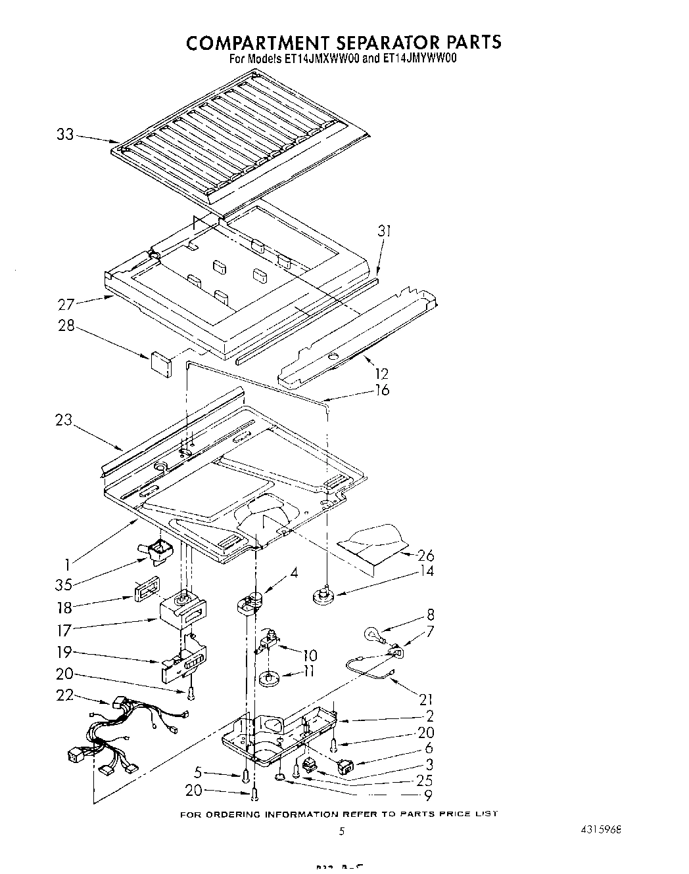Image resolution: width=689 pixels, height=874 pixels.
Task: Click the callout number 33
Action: [64, 135]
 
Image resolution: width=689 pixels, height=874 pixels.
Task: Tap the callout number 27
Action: [66, 304]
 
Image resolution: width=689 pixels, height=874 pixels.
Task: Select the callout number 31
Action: [385, 231]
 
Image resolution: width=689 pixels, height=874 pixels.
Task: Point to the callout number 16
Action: [381, 390]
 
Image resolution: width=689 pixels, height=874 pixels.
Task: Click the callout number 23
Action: [64, 421]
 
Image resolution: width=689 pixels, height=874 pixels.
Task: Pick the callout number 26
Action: [425, 555]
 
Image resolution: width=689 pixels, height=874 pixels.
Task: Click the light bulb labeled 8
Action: [371, 634]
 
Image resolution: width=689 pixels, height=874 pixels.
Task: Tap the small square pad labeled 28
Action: [160, 362]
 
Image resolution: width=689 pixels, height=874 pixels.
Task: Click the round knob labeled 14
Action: [321, 596]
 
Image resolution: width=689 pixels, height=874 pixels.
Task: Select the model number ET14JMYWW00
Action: [419, 58]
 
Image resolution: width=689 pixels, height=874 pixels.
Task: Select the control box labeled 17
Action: [183, 611]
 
